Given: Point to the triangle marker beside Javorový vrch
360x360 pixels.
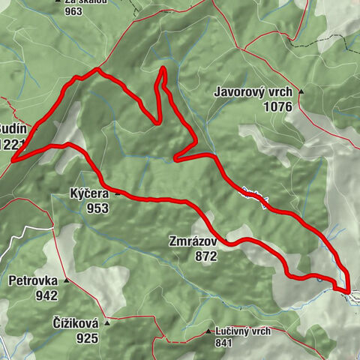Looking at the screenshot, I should click(x=301, y=91).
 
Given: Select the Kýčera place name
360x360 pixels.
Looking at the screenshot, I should click(x=90, y=193).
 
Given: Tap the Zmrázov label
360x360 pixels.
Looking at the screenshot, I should click(x=193, y=242).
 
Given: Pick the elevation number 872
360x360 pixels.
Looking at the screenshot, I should click(x=203, y=256).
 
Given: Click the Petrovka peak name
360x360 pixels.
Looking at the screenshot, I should click(x=33, y=282).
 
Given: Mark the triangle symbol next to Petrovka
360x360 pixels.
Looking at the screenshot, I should click(x=66, y=281).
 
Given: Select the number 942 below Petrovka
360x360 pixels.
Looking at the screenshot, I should click(x=44, y=295).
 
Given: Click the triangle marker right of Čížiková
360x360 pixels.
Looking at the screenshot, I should click(x=106, y=323).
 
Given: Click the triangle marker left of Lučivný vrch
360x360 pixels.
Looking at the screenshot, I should click(x=208, y=331).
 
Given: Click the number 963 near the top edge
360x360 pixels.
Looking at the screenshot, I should click(x=73, y=11).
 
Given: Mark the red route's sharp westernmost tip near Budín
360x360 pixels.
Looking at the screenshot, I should click(x=13, y=158).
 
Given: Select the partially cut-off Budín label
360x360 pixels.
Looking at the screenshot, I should click(x=13, y=128).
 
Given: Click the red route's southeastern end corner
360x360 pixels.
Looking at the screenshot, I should click(x=349, y=289).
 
